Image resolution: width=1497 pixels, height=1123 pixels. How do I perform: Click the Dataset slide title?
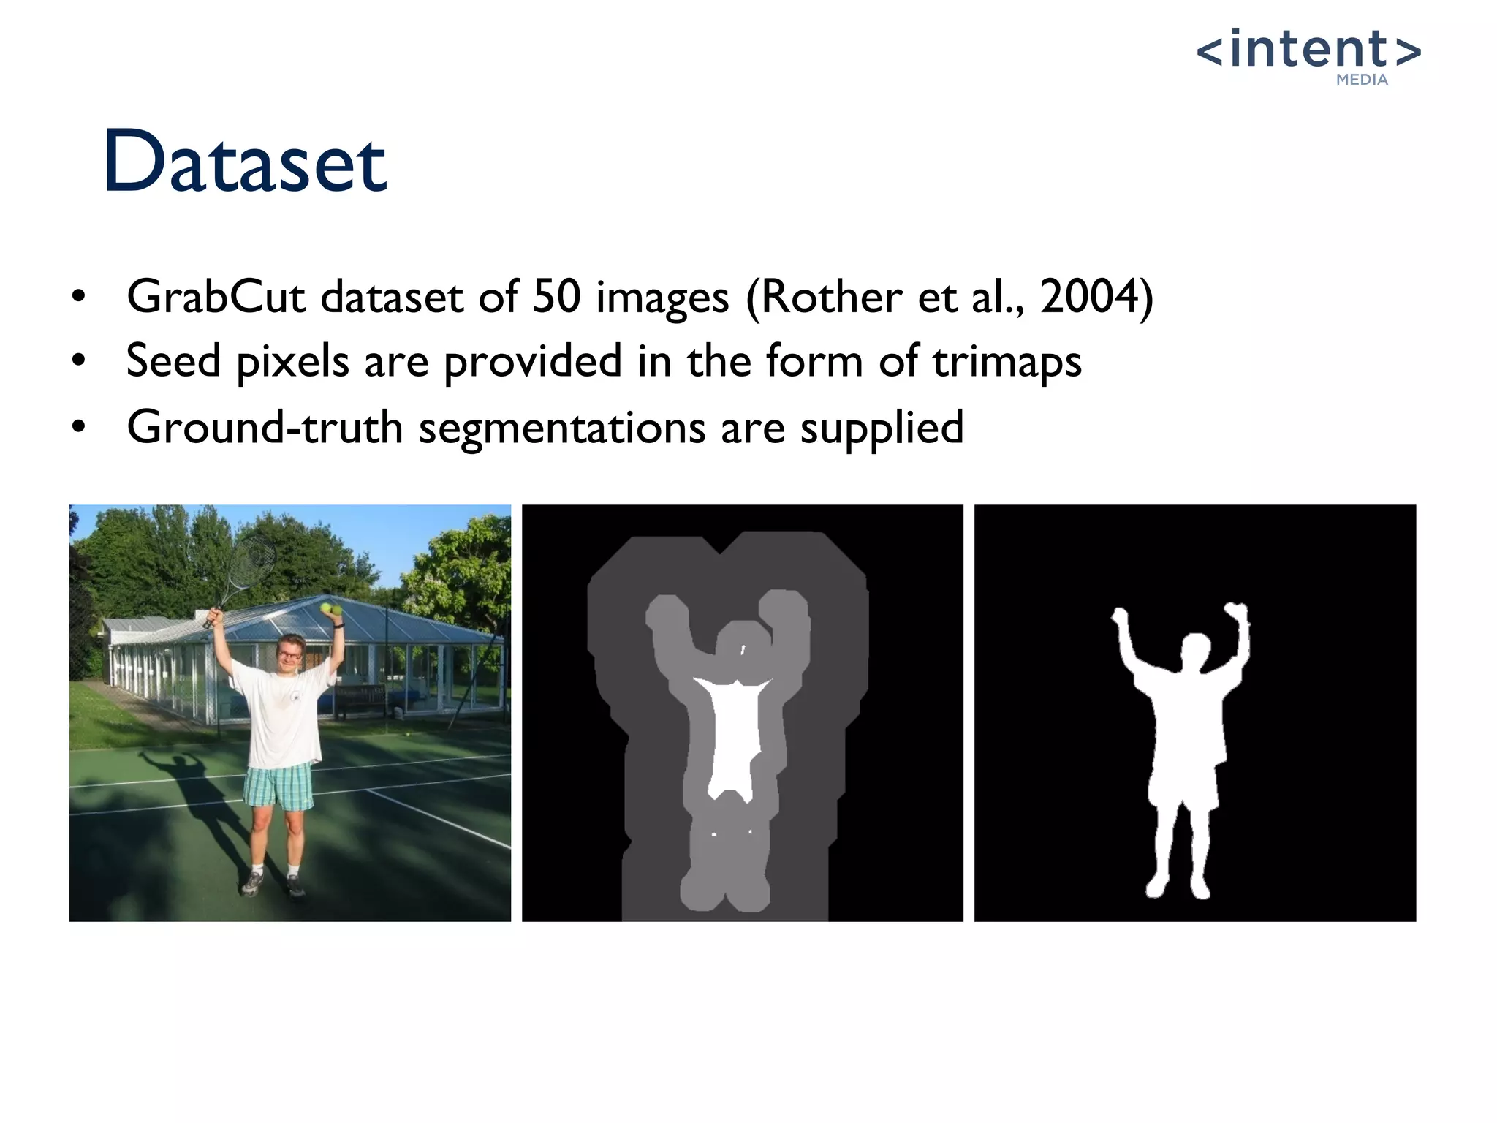pyautogui.click(x=245, y=162)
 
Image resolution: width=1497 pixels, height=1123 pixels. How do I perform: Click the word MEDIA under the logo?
pyautogui.click(x=1362, y=80)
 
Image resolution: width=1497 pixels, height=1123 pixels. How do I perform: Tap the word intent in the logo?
pyautogui.click(x=1308, y=49)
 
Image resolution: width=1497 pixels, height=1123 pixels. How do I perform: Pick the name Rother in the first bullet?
pyautogui.click(x=832, y=298)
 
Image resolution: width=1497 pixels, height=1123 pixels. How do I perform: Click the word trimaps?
pyautogui.click(x=1007, y=362)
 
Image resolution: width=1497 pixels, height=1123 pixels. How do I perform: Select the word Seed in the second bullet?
pyautogui.click(x=173, y=361)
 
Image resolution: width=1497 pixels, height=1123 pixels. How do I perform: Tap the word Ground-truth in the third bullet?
pyautogui.click(x=265, y=427)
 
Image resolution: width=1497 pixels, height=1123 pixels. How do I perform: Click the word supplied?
pyautogui.click(x=882, y=428)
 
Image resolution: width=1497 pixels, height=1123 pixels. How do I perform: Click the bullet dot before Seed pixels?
pyautogui.click(x=79, y=360)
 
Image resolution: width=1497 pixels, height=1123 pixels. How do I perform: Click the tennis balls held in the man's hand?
pyautogui.click(x=331, y=608)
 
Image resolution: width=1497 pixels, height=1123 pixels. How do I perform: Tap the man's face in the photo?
pyautogui.click(x=291, y=652)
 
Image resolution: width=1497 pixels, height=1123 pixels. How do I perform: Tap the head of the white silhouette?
pyautogui.click(x=1196, y=651)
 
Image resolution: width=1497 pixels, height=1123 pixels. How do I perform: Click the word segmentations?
pyautogui.click(x=561, y=428)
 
